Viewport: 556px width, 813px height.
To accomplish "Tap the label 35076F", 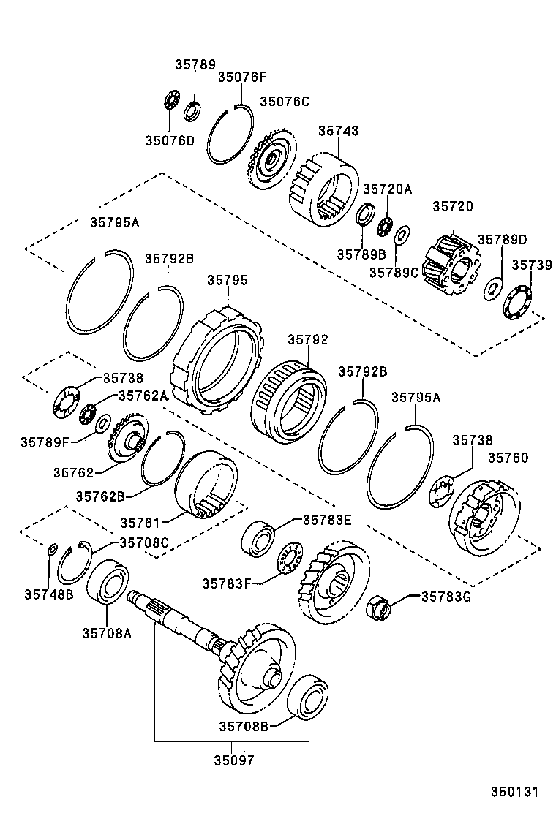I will [242, 77].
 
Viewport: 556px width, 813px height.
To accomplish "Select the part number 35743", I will [339, 131].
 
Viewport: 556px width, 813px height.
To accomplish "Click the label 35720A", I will [388, 189].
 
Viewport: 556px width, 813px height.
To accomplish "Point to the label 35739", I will [532, 265].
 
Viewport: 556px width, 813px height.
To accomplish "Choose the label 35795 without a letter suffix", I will [228, 280].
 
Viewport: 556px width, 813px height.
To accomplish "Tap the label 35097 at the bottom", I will [234, 760].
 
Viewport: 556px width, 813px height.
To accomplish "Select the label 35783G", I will [446, 597].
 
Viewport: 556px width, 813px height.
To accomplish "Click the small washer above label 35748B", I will [52, 549].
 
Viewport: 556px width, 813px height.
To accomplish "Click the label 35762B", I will [100, 496].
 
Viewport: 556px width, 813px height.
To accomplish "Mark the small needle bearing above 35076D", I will [171, 100].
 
